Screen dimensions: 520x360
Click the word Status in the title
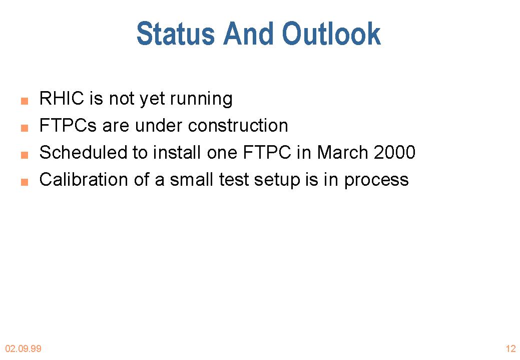click(176, 34)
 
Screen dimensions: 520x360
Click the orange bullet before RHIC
click(25, 101)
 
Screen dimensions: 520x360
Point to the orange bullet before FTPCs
click(25, 128)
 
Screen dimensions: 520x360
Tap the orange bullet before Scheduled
click(25, 155)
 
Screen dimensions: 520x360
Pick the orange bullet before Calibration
click(25, 182)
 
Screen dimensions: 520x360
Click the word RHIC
click(62, 98)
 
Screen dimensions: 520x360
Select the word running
click(201, 100)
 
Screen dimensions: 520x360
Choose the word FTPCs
click(68, 125)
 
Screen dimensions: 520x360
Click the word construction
click(238, 126)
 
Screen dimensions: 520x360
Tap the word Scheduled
click(83, 152)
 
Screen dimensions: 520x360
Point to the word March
click(342, 152)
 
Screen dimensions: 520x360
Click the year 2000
click(395, 153)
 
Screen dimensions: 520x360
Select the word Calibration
click(84, 180)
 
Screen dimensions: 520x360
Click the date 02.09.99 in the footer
click(23, 348)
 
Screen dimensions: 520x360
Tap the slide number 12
click(510, 348)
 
